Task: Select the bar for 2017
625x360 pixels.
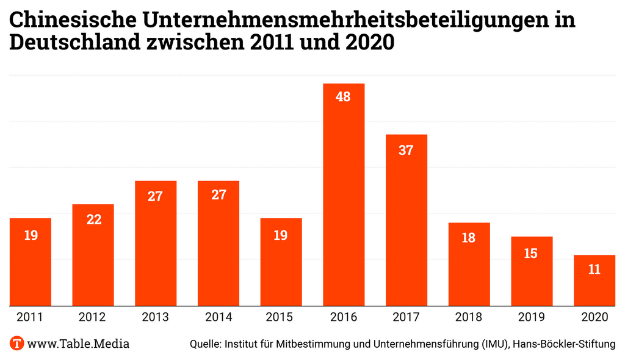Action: click(406, 220)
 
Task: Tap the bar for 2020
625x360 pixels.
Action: click(594, 280)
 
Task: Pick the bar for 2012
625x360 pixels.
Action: click(93, 254)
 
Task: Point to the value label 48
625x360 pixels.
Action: click(344, 96)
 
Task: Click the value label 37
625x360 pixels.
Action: click(406, 149)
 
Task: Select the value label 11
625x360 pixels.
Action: click(594, 270)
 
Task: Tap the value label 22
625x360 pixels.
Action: click(93, 219)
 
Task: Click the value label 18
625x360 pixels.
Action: click(469, 238)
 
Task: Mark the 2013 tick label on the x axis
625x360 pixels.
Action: click(156, 317)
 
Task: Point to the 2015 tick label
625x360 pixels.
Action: click(281, 317)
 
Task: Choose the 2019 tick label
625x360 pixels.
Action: click(531, 317)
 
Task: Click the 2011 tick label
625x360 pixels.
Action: click(31, 317)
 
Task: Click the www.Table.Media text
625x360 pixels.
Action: click(79, 344)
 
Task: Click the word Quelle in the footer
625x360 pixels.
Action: click(206, 344)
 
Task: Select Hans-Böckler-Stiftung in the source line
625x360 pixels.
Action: click(565, 344)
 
